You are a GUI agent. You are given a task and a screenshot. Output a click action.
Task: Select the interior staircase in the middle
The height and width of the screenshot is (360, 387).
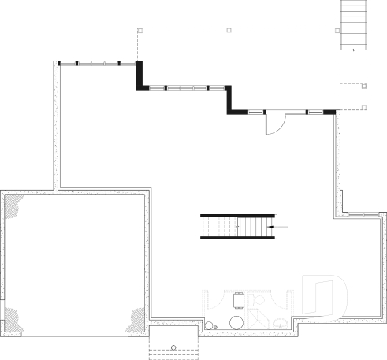click(237, 227)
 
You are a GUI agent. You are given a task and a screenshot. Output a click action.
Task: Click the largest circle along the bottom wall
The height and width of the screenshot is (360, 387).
click(234, 322)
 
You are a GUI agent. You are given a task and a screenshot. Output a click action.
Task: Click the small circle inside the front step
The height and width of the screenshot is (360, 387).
click(173, 347)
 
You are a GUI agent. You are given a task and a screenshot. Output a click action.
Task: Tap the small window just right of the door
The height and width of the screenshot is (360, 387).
click(314, 113)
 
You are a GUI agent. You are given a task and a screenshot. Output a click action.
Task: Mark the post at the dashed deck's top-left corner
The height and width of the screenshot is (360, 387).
click(140, 32)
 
